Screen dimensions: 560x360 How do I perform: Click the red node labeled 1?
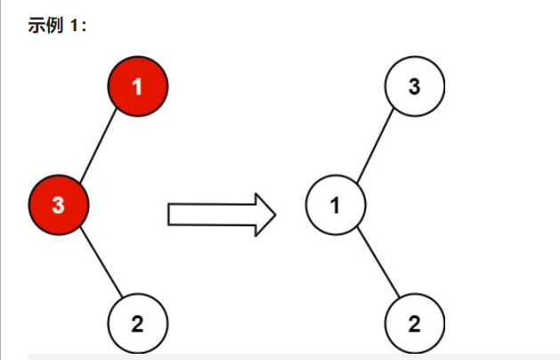click(x=137, y=86)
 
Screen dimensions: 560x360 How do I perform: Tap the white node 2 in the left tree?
click(x=137, y=323)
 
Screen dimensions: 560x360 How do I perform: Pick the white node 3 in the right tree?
click(x=414, y=86)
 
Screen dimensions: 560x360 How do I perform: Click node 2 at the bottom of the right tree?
click(x=414, y=323)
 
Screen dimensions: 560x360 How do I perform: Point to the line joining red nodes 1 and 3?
click(x=98, y=145)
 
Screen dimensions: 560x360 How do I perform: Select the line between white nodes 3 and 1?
click(x=375, y=145)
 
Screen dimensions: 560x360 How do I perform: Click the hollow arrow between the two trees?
click(x=218, y=214)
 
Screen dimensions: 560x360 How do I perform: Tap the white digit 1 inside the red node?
click(x=137, y=86)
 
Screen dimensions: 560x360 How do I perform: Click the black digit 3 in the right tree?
click(x=414, y=86)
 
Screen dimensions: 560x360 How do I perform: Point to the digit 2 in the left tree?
click(x=137, y=323)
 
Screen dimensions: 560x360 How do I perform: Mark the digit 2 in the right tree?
click(x=414, y=323)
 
